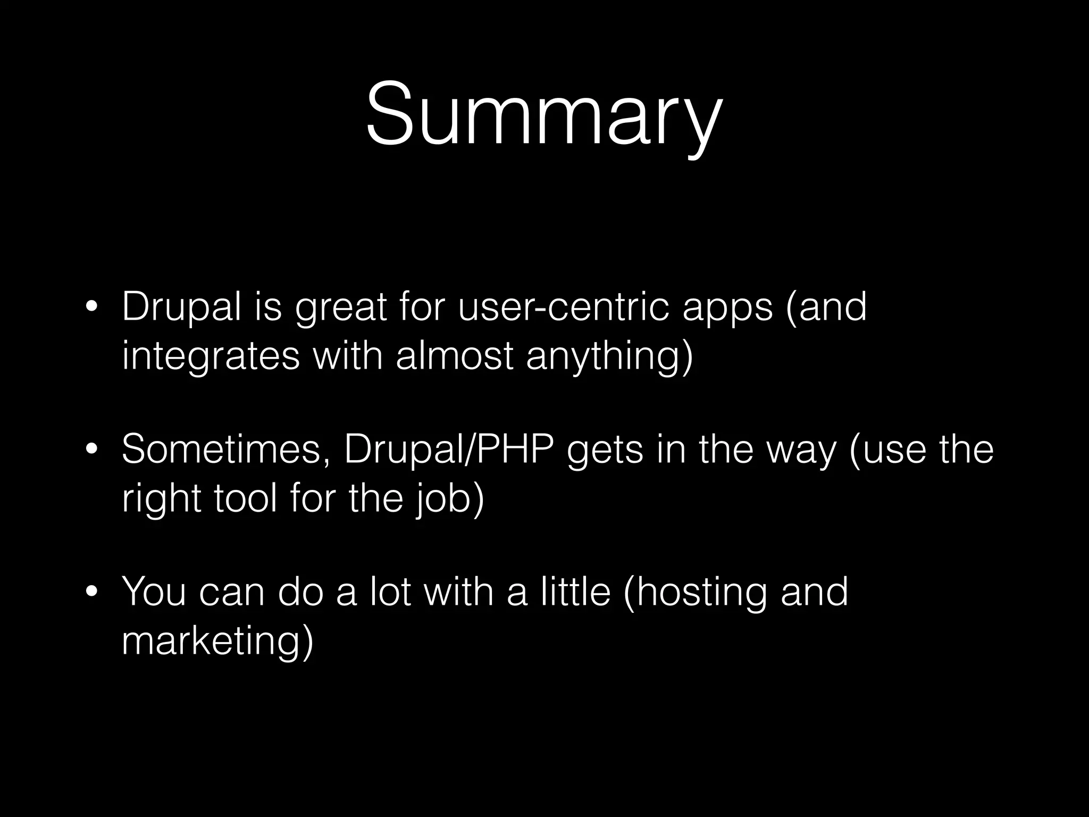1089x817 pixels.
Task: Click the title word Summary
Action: [543, 114]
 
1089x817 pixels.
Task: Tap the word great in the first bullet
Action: [340, 309]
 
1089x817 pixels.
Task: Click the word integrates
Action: [211, 357]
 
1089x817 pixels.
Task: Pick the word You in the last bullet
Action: [154, 591]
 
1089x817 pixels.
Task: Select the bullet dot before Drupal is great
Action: [92, 309]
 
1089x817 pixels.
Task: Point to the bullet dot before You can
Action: [92, 593]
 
